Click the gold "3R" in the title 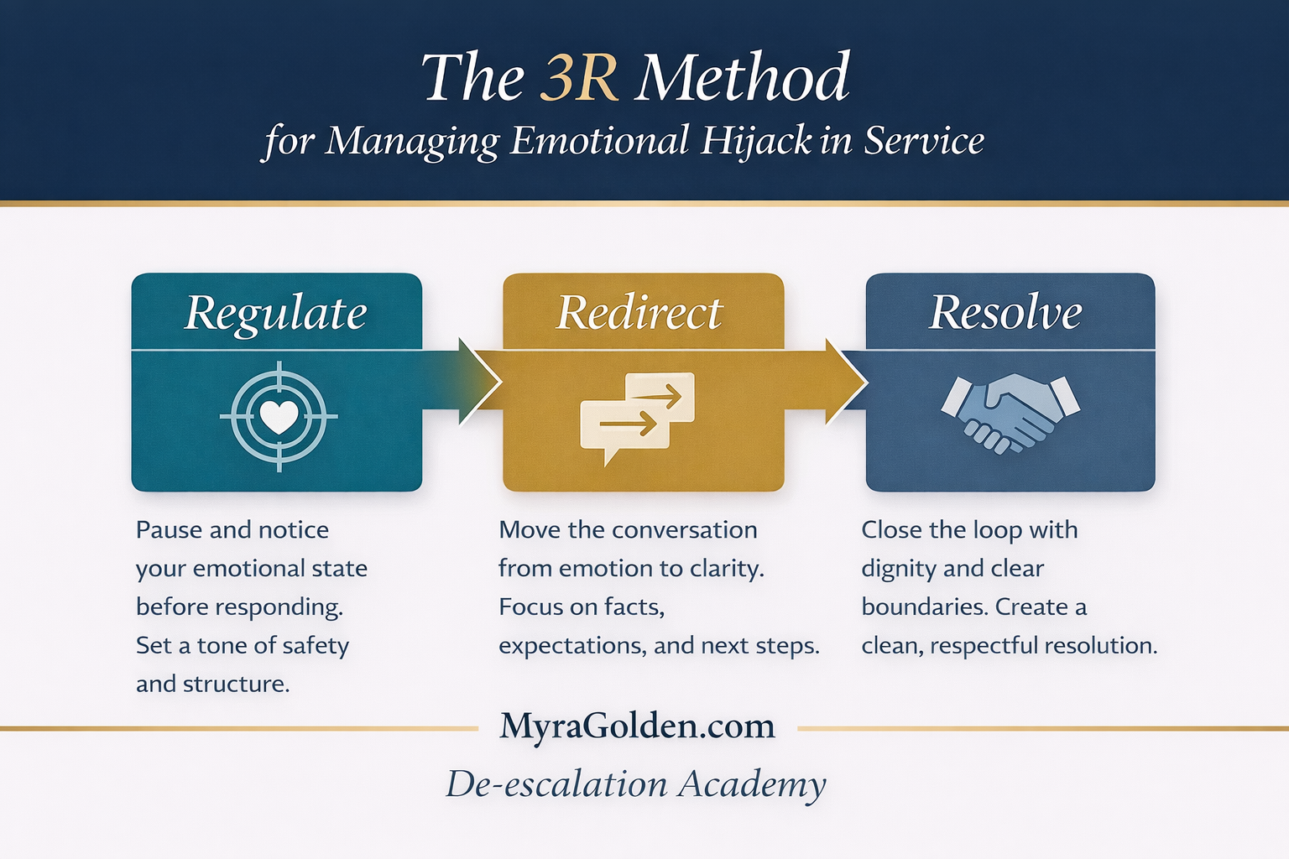[579, 78]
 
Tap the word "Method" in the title [743, 78]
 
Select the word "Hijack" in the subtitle [756, 140]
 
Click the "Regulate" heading [276, 313]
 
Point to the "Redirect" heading [639, 313]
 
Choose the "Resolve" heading [1005, 313]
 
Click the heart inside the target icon [279, 416]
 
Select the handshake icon [1010, 411]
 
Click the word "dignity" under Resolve [896, 569]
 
